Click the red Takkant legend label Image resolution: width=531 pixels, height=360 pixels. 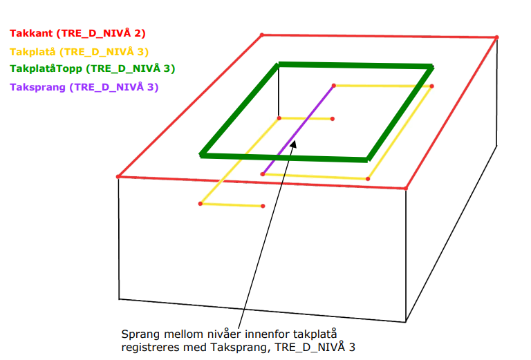(x=77, y=33)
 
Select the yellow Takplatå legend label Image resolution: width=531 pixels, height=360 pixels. (x=80, y=52)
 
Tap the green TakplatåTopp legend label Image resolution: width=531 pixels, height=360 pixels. (x=92, y=68)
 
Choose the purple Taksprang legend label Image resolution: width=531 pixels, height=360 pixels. (x=84, y=87)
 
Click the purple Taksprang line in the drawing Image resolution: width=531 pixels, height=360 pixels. (x=298, y=130)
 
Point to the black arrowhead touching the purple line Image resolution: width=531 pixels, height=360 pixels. (x=294, y=144)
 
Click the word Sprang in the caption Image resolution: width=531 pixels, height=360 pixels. (x=141, y=334)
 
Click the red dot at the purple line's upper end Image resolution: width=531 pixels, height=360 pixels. (x=333, y=86)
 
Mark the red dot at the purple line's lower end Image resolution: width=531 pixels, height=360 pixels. (x=263, y=174)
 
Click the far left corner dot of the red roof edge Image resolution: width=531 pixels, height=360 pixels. (x=118, y=177)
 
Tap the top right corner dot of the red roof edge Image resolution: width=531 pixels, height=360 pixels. (x=496, y=37)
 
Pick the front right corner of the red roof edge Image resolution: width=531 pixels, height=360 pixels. (x=406, y=188)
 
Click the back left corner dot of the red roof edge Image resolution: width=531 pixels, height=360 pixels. (x=262, y=35)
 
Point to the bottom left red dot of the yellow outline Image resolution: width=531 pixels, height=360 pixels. (x=201, y=204)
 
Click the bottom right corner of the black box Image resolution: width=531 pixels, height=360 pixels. (x=406, y=322)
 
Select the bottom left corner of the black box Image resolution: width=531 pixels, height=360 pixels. (x=119, y=299)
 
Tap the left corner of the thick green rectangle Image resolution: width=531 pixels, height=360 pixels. (x=201, y=155)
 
